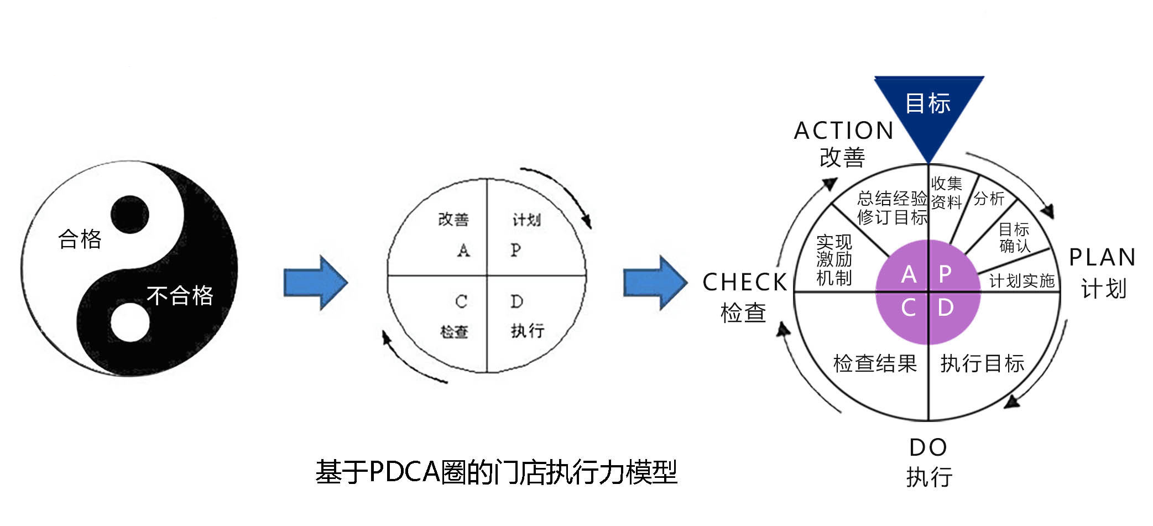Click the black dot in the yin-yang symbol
click(x=130, y=214)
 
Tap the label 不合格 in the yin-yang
click(x=180, y=295)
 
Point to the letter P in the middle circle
click(x=516, y=250)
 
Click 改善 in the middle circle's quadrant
click(x=453, y=220)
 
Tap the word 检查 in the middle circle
click(x=454, y=332)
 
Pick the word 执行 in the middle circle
click(x=528, y=331)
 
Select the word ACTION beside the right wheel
click(x=844, y=131)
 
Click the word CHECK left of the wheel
click(x=744, y=283)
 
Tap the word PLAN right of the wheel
click(x=1102, y=258)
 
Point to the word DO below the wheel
click(x=928, y=447)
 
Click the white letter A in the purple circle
click(x=909, y=274)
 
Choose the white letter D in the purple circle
click(x=946, y=308)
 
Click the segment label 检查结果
click(x=875, y=363)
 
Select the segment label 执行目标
click(x=982, y=363)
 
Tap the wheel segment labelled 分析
click(x=989, y=199)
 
